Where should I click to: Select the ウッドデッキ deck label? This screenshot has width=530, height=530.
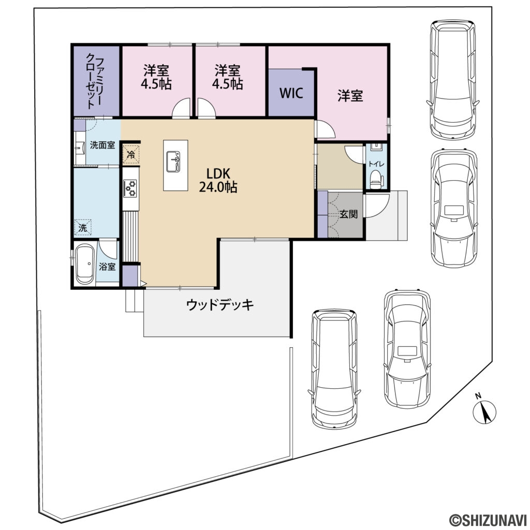coord(220,305)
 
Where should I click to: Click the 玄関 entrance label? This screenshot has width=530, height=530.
coord(349,214)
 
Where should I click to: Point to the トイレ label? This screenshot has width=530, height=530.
coord(375,164)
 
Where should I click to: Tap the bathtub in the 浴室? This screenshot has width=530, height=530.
coord(85,264)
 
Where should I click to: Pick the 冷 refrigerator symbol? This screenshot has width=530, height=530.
coord(131,154)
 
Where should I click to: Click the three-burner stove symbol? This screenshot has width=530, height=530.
coord(130,188)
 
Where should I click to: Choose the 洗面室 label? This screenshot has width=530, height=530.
coord(102,145)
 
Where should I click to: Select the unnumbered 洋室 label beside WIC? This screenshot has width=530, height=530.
coord(350,96)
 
